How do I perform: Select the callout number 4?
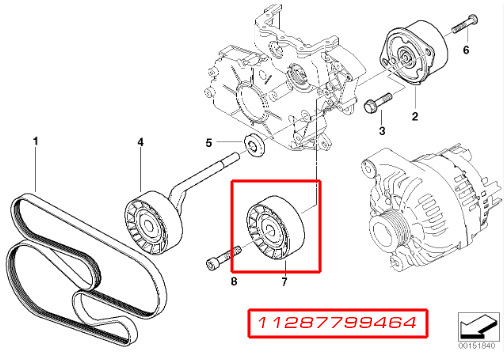pos(140,142)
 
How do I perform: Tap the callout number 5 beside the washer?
pos(208,142)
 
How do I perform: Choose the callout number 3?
pos(382,131)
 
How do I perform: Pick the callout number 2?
pos(413,117)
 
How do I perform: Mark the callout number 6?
pos(465,48)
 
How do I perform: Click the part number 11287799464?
pos(338,324)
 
